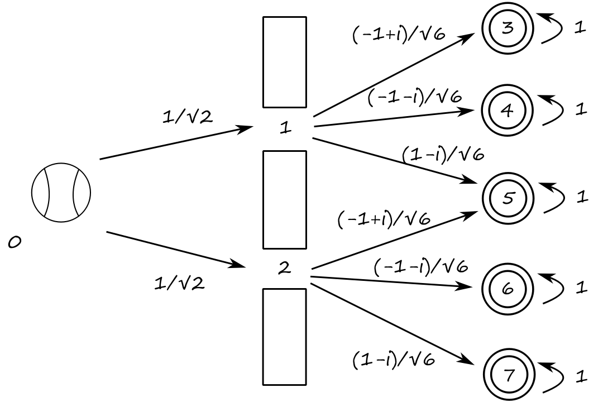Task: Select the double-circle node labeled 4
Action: pyautogui.click(x=507, y=111)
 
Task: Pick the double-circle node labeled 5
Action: pyautogui.click(x=508, y=198)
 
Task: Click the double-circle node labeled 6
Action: pyautogui.click(x=508, y=289)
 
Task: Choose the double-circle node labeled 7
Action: pyautogui.click(x=508, y=375)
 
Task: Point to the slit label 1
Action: pyautogui.click(x=285, y=128)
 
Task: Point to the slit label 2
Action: pyautogui.click(x=284, y=269)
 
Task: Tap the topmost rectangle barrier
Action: pyautogui.click(x=285, y=61)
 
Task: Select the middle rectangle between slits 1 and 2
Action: pyautogui.click(x=285, y=199)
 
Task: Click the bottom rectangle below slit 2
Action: pyautogui.click(x=285, y=337)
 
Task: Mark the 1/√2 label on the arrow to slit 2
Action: pyautogui.click(x=180, y=283)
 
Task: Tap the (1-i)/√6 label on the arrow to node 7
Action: pyautogui.click(x=394, y=360)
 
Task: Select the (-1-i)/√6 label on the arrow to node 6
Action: pyautogui.click(x=420, y=267)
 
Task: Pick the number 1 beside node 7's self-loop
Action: pyautogui.click(x=581, y=377)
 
